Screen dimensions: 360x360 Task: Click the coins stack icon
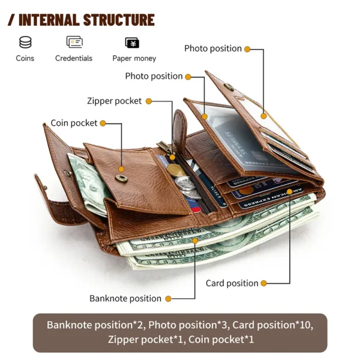25,43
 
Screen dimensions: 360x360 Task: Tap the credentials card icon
74,43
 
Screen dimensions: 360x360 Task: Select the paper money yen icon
132,43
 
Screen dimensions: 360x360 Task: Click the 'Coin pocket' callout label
74,123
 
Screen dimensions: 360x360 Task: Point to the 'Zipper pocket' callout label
115,101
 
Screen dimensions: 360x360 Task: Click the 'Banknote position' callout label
125,298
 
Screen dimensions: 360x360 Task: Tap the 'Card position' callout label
232,283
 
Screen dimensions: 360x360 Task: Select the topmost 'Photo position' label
213,49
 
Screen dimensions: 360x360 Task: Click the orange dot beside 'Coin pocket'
103,123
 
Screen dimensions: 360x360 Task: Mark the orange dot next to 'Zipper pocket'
148,101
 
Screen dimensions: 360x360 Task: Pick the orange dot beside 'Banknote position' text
169,298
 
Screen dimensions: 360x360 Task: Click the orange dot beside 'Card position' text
265,283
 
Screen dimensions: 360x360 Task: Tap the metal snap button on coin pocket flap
122,178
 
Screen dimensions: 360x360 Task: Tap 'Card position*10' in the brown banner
272,325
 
